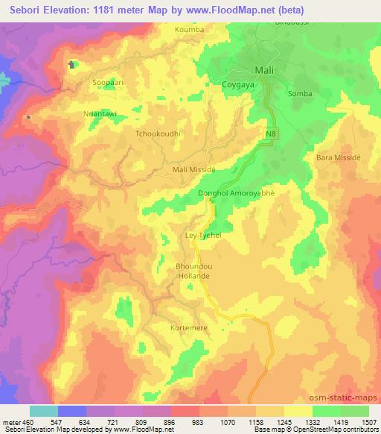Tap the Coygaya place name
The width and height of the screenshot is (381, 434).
coord(239,85)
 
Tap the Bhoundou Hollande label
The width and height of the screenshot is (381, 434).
coord(193,271)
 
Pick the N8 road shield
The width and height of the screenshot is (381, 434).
coord(272,133)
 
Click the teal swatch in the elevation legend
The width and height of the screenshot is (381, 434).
coord(44,411)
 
